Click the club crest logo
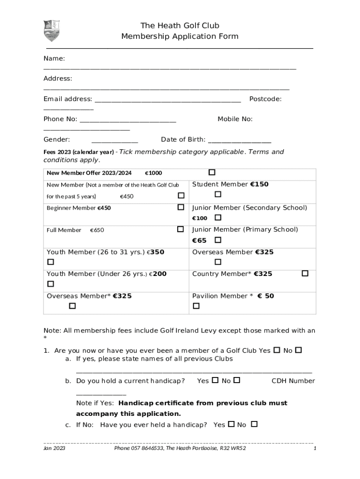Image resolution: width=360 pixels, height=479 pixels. click(x=51, y=31)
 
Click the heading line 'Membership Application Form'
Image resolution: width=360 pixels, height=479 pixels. click(x=180, y=36)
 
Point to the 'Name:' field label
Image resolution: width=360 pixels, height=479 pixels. click(x=54, y=58)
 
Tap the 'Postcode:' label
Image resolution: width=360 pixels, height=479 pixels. click(x=265, y=99)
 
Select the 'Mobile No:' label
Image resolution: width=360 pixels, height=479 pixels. click(x=235, y=119)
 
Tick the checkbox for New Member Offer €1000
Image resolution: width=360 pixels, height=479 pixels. click(x=212, y=173)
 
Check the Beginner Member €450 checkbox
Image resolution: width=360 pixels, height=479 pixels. click(x=181, y=207)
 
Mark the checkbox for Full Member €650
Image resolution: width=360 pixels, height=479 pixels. click(x=180, y=229)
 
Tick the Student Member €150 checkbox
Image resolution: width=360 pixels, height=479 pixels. click(x=218, y=194)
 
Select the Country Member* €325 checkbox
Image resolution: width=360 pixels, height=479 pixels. click(x=305, y=273)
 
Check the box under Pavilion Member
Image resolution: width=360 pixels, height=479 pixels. click(x=196, y=306)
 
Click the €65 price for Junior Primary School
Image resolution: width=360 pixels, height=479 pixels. click(x=199, y=240)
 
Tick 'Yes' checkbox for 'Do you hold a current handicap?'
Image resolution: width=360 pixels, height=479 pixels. click(x=215, y=380)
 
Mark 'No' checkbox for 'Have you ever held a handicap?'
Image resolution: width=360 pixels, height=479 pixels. click(x=254, y=424)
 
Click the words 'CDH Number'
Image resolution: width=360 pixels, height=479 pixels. click(x=293, y=381)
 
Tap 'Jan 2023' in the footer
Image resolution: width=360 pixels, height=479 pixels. click(x=54, y=448)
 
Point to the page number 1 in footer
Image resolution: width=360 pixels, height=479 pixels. click(x=315, y=448)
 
